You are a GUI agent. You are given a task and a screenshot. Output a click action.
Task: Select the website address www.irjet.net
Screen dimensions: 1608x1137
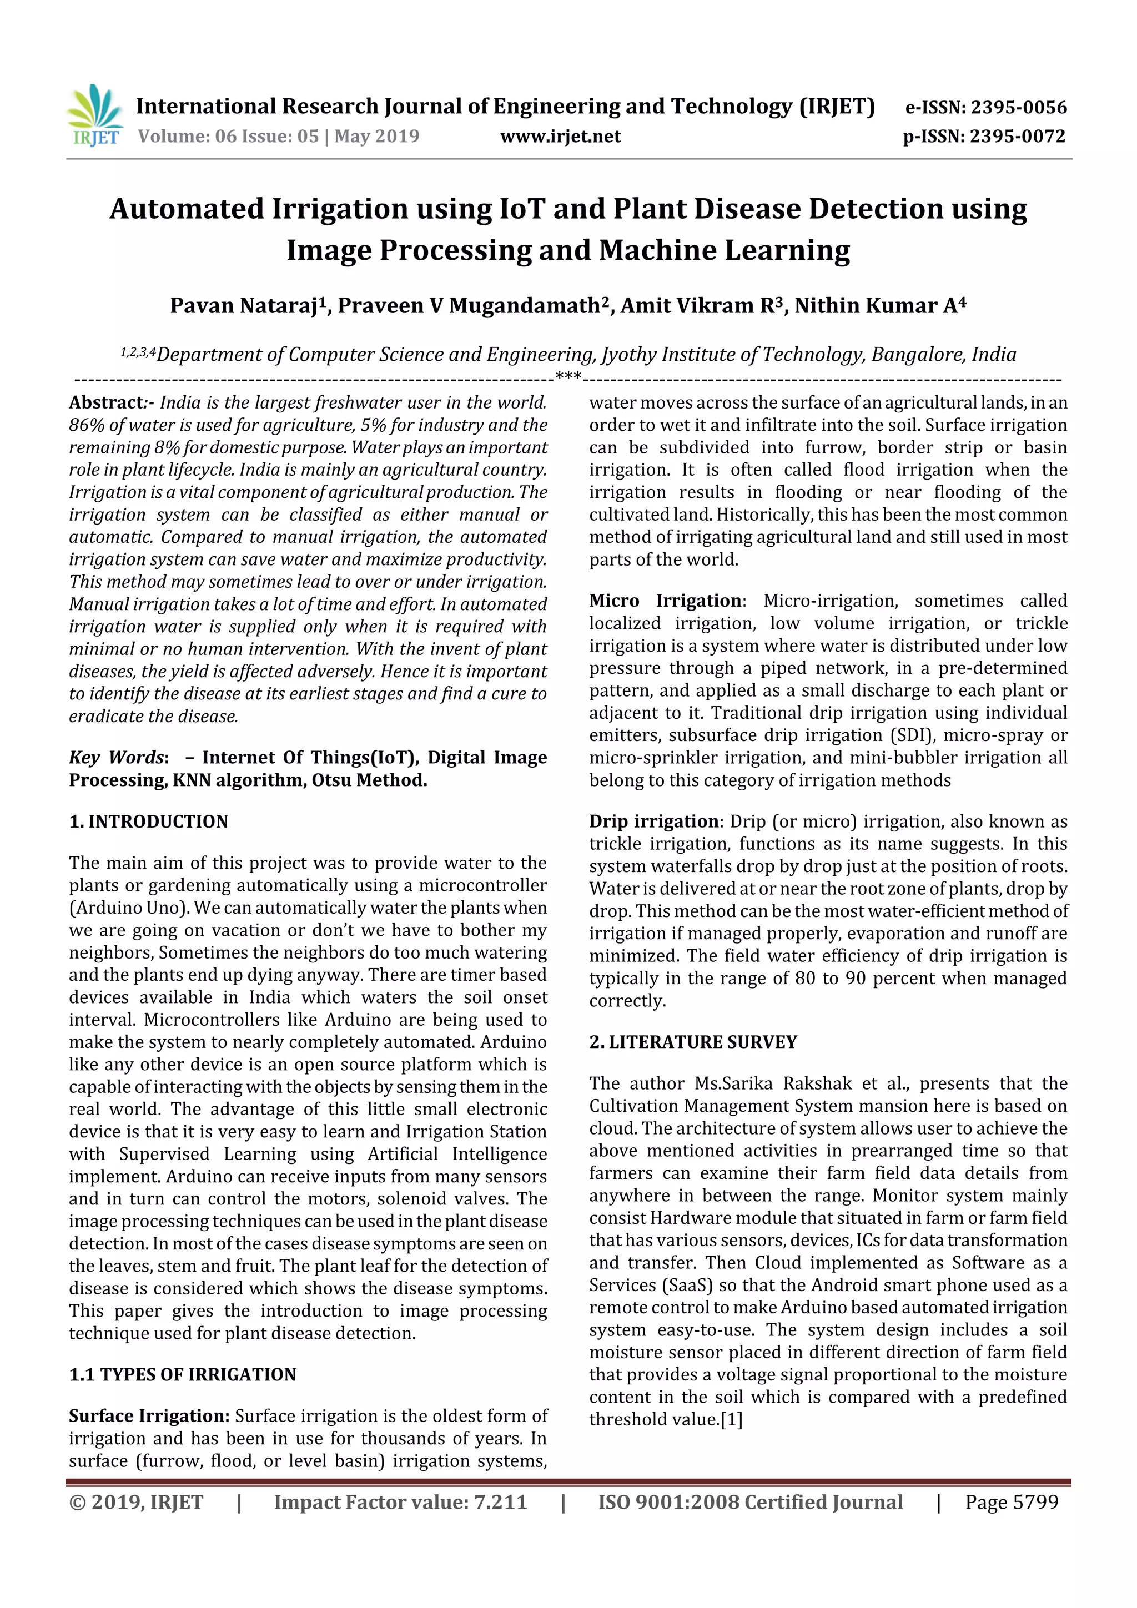pyautogui.click(x=560, y=136)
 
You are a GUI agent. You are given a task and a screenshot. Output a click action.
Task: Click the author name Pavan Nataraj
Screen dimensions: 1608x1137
pyautogui.click(x=244, y=306)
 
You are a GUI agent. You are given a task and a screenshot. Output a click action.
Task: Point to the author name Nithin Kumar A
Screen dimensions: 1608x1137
pyautogui.click(x=875, y=306)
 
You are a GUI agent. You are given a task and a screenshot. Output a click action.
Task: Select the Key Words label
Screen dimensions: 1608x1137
pyautogui.click(x=116, y=758)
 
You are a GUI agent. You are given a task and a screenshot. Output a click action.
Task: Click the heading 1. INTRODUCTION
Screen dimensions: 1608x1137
pyautogui.click(x=149, y=821)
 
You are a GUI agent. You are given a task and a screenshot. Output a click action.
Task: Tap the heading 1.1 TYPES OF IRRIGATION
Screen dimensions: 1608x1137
pyautogui.click(x=182, y=1374)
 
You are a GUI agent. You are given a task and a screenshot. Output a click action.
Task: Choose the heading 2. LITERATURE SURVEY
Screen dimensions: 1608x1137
pyautogui.click(x=693, y=1042)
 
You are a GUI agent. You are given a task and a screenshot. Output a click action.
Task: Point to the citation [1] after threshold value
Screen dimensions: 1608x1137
pyautogui.click(x=731, y=1420)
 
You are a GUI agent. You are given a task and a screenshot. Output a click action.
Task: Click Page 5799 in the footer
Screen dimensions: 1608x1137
pyautogui.click(x=1011, y=1502)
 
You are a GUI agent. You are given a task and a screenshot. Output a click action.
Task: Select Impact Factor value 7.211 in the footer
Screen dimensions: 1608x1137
pyautogui.click(x=400, y=1502)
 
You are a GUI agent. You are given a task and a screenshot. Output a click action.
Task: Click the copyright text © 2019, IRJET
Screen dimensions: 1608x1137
pyautogui.click(x=136, y=1502)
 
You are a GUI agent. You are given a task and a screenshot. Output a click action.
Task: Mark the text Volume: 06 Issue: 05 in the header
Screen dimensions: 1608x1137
pyautogui.click(x=228, y=136)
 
